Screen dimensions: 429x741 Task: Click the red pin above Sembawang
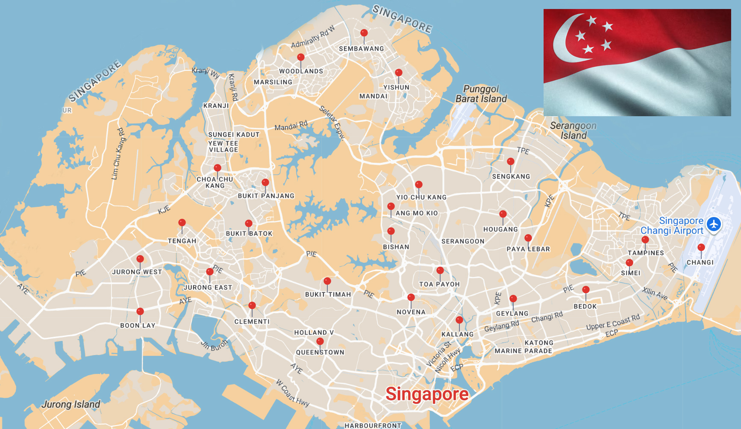click(x=364, y=33)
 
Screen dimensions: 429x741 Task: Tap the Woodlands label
click(x=301, y=71)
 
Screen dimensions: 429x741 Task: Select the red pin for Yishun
click(x=398, y=73)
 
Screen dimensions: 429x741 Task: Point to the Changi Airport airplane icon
click(x=714, y=224)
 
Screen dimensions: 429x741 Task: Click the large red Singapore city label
click(x=427, y=394)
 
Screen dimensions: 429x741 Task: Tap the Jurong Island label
click(x=71, y=404)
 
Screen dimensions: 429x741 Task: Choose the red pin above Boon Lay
click(x=140, y=312)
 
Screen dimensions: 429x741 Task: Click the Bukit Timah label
click(x=328, y=294)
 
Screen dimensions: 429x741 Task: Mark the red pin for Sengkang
click(x=510, y=162)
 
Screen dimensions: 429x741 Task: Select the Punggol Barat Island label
click(x=481, y=94)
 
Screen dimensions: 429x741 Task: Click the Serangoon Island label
click(x=573, y=131)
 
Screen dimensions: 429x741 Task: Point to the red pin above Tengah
click(x=182, y=223)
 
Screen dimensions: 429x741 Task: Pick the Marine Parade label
click(x=523, y=351)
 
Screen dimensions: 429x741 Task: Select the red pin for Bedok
click(x=585, y=290)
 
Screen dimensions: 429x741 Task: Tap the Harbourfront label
click(x=373, y=425)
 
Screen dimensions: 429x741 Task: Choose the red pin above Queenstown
click(x=320, y=342)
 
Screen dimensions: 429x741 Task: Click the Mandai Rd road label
click(x=291, y=126)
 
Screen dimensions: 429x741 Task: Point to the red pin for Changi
click(x=701, y=248)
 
